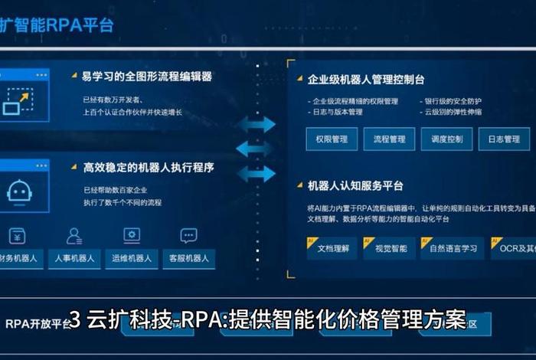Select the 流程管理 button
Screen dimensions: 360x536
tap(389, 139)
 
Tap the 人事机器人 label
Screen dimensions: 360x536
tap(75, 258)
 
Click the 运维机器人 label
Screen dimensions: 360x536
tap(132, 258)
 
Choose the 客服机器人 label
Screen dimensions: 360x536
tap(188, 258)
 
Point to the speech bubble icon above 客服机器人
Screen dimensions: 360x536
tap(188, 235)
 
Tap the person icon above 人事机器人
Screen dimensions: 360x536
tap(74, 235)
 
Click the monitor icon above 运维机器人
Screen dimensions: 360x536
tap(132, 235)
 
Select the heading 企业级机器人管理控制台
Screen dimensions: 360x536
tap(365, 79)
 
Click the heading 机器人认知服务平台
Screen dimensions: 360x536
tap(355, 185)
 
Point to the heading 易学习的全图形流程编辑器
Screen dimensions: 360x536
tap(147, 77)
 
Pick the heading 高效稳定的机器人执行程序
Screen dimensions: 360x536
tap(148, 167)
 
